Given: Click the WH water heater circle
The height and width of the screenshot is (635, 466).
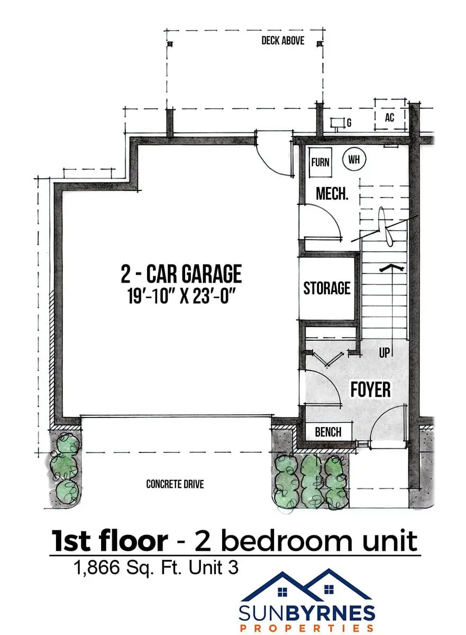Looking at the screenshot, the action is [354, 159].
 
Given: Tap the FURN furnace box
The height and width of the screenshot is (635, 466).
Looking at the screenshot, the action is [320, 162].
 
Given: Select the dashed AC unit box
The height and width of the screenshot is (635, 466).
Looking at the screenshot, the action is [390, 114].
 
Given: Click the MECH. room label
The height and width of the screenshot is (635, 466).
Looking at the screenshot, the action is [332, 194].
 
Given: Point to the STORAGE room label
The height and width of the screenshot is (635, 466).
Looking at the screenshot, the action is [327, 288].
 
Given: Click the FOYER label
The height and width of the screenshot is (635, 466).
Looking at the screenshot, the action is [371, 389].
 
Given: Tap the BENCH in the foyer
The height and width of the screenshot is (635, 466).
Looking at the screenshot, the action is [328, 432].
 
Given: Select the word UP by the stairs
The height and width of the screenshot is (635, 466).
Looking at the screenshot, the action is [385, 353].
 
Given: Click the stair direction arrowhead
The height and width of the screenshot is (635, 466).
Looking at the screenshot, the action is [392, 267].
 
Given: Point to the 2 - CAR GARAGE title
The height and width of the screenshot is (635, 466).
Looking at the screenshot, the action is [181, 274].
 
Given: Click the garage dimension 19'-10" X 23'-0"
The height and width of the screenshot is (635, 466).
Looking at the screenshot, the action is [181, 297].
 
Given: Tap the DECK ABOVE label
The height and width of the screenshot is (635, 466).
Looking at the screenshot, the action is [282, 41].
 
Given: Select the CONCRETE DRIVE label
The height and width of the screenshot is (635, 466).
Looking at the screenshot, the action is [175, 484].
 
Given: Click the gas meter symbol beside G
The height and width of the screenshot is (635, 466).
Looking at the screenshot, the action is [336, 124].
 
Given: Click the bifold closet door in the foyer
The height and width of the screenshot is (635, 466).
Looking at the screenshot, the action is [327, 359].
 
